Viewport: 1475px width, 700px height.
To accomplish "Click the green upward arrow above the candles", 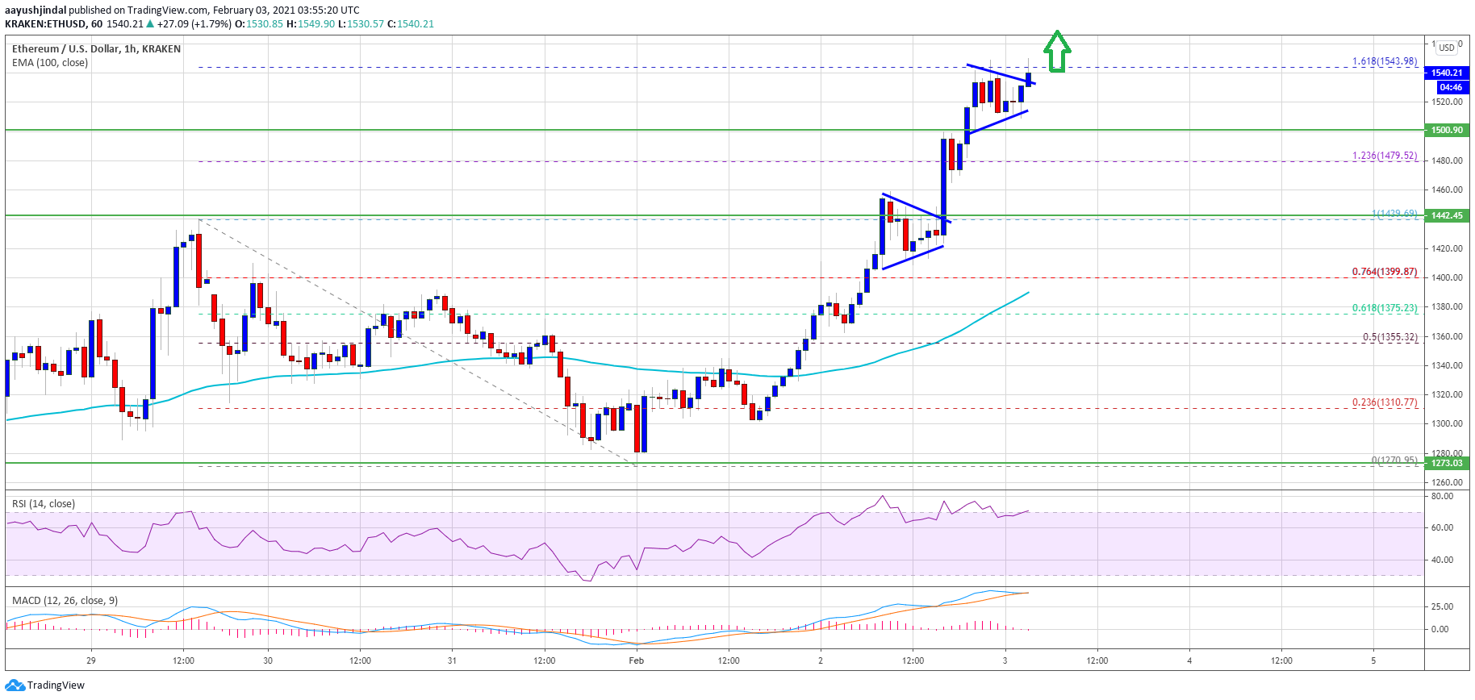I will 1057,52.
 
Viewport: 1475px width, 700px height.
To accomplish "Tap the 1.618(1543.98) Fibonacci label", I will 1384,61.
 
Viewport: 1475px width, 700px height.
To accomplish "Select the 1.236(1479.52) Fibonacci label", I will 1384,156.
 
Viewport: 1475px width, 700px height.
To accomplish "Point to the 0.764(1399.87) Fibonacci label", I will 1384,272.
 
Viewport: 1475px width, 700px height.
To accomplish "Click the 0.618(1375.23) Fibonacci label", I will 1384,308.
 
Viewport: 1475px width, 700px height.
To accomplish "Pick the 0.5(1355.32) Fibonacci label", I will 1389,337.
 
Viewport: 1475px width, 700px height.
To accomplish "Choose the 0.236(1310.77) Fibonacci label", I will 1384,402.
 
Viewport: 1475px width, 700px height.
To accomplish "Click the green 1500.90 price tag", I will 1447,130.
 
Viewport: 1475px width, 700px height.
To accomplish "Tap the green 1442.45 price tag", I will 1447,215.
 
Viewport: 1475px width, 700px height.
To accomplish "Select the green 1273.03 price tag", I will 1447,463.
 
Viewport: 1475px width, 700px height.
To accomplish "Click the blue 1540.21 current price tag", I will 1447,73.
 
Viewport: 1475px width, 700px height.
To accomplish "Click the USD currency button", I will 1447,48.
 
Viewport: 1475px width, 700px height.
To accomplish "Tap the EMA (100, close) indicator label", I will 50,63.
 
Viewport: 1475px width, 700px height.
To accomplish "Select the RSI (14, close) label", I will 44,504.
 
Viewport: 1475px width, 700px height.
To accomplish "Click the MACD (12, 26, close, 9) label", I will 65,601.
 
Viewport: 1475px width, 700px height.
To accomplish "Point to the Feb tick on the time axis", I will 637,660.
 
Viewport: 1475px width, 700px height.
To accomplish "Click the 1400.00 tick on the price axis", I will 1448,277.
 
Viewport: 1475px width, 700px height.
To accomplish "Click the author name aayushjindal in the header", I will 36,10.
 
